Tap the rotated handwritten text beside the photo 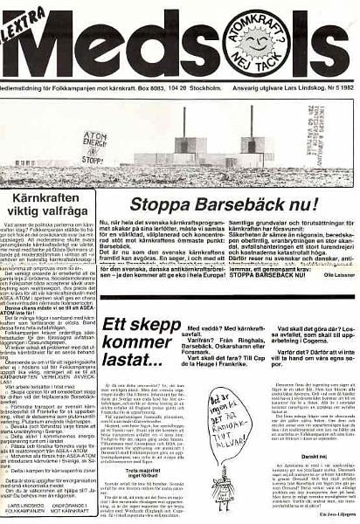(x=338, y=132)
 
